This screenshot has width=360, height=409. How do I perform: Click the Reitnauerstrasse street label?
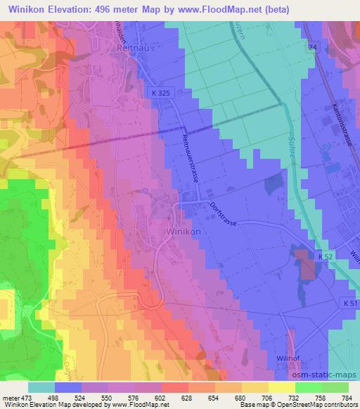pyautogui.click(x=191, y=158)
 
